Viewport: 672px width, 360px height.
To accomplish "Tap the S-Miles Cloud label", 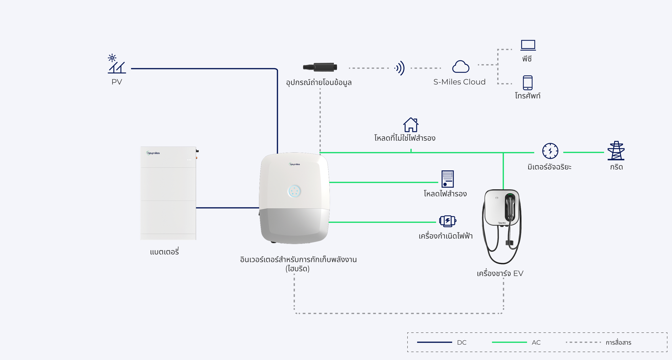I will coord(459,82).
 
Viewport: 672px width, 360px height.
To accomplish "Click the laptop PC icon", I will coord(528,45).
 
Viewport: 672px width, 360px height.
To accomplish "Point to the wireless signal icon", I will coord(400,68).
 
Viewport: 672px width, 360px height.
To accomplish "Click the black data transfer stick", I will coord(320,67).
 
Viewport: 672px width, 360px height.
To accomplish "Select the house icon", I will coord(411,125).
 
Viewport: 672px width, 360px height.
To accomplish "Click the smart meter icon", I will coord(550,151).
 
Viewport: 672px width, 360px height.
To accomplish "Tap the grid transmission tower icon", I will coord(616,150).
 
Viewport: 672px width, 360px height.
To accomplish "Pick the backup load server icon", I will coord(447,179).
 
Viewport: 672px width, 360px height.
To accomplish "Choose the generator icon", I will coord(447,221).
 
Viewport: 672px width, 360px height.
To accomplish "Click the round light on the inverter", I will coord(294,191).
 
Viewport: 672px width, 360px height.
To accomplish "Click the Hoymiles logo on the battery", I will coord(153,153).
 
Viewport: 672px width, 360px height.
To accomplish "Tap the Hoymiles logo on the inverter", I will coord(294,164).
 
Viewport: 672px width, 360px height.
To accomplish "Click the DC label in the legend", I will coord(462,342).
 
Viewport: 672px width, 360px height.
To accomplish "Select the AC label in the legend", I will coord(536,342).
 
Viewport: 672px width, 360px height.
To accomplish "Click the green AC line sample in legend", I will coord(509,342).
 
